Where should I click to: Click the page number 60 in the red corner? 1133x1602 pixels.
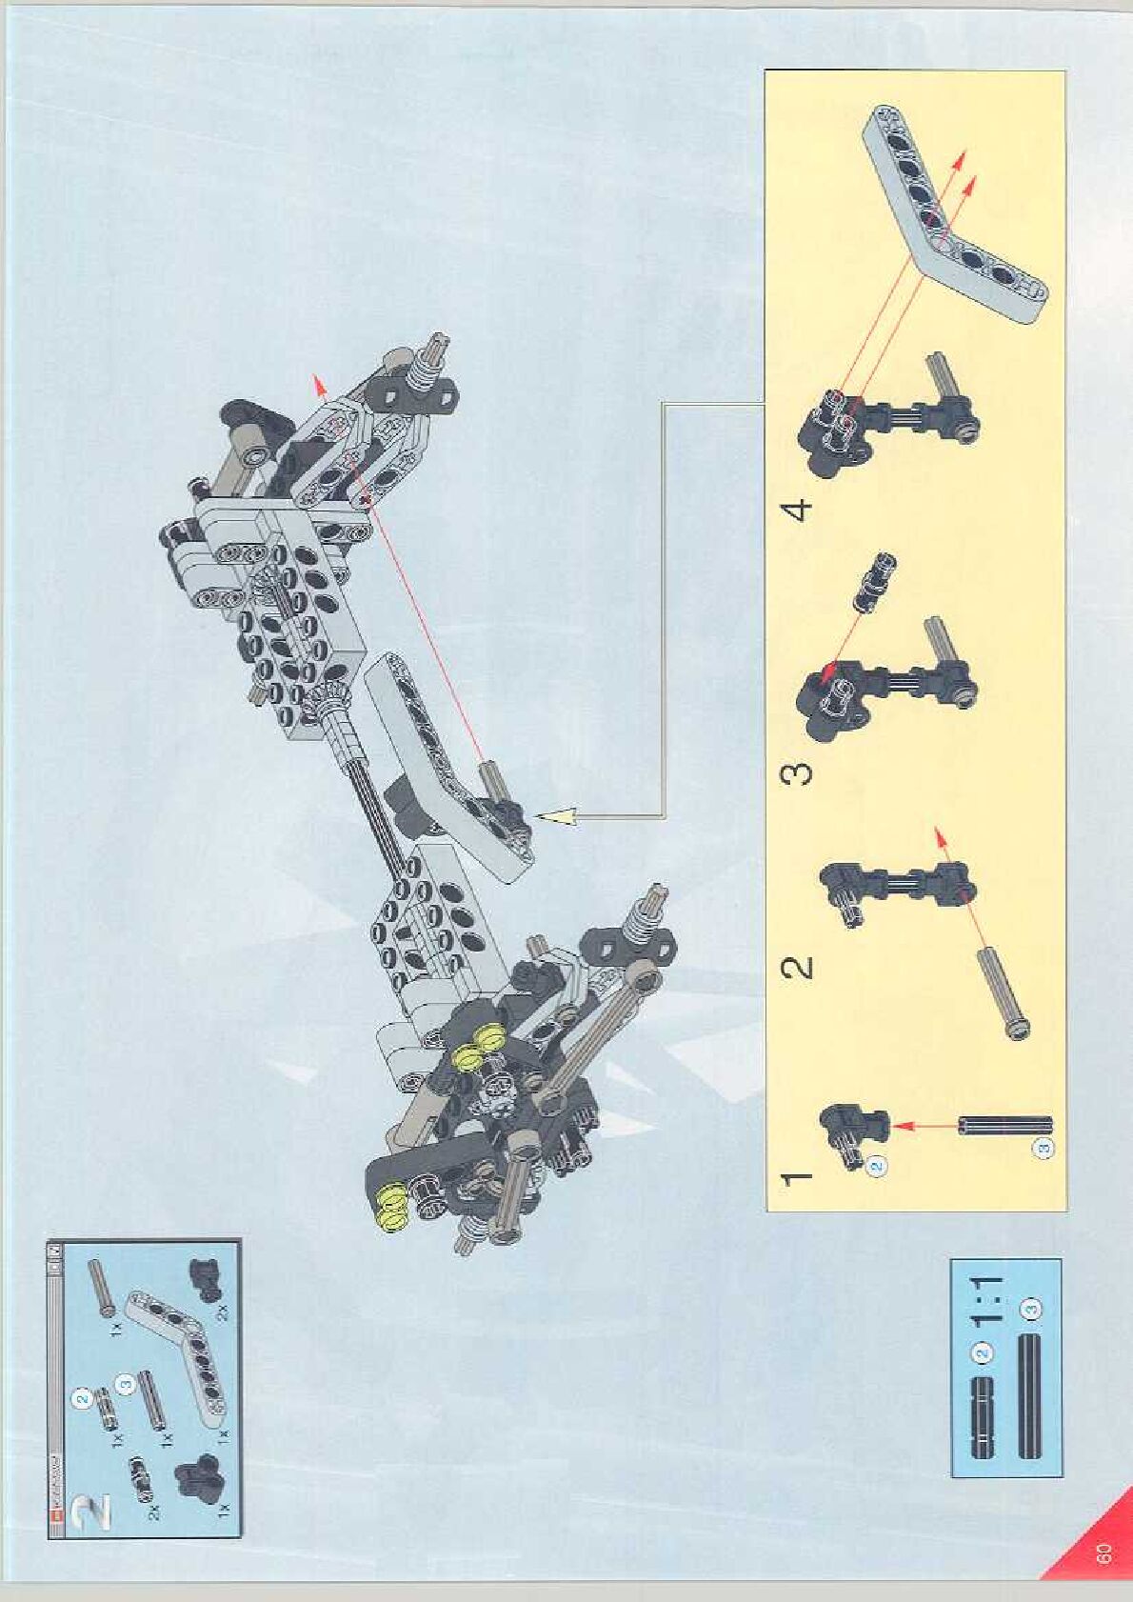pos(1104,1553)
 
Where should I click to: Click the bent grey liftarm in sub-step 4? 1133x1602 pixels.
pos(952,218)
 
